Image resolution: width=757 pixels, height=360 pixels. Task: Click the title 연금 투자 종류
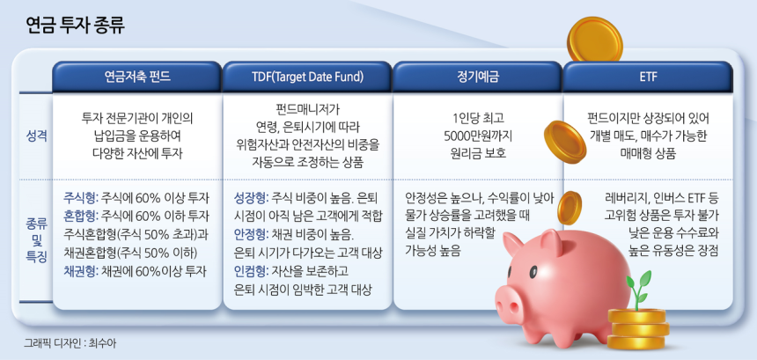pos(76,26)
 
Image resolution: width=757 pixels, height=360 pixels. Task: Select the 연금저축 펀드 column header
pos(137,77)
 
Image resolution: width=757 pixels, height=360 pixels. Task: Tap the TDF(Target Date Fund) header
pos(306,77)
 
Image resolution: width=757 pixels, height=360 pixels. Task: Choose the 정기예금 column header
pos(477,77)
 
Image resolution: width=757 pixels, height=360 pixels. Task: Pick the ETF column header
pos(648,77)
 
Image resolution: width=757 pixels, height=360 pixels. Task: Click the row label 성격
pos(36,136)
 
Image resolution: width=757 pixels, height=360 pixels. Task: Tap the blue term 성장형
pos(250,198)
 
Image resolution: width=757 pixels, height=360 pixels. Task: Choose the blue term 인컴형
pos(250,272)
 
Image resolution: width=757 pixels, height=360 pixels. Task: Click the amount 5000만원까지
pos(477,136)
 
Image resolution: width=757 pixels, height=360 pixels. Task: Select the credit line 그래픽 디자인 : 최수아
pos(70,343)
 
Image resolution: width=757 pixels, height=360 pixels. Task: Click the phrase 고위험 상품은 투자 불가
pos(661,217)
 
